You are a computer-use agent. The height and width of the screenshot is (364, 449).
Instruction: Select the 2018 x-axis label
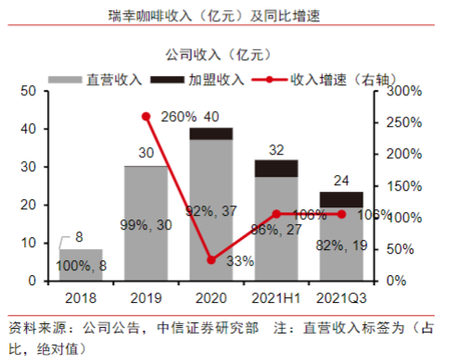tap(81, 298)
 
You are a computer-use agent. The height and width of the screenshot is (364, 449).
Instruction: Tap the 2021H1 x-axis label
tap(277, 298)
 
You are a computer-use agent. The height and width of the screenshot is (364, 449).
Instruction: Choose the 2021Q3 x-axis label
tap(342, 298)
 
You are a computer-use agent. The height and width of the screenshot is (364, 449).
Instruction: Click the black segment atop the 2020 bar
tap(212, 133)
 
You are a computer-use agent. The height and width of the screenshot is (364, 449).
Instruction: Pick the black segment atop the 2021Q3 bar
tap(342, 199)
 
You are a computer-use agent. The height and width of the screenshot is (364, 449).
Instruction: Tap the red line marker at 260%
tap(147, 116)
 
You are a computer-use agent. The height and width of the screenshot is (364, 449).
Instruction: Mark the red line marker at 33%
tap(212, 259)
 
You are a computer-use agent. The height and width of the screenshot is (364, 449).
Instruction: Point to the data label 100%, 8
tap(83, 266)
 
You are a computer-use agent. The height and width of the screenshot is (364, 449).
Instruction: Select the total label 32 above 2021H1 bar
tap(277, 149)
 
